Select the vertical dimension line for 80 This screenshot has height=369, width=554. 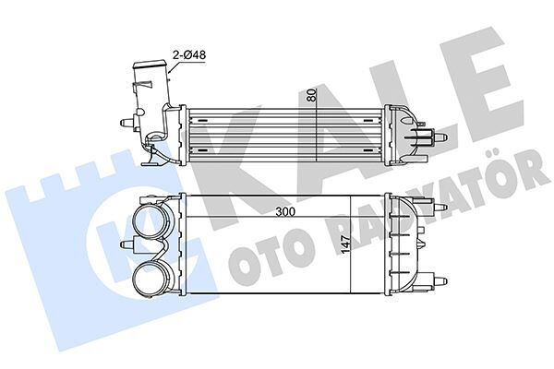[317, 125]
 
